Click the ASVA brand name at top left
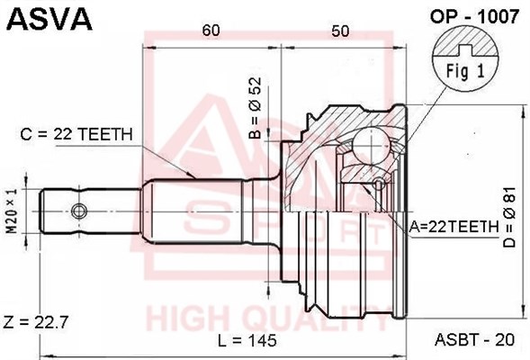49,19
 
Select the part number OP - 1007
474,16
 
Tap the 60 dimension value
211,31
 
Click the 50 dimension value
340,31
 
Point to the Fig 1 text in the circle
465,71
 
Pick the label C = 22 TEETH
76,134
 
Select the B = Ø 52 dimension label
256,108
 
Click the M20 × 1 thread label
13,211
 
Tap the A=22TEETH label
454,227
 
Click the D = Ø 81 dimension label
509,218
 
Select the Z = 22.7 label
36,322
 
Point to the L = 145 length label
247,340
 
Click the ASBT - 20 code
474,339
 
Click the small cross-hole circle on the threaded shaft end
79,211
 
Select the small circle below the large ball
380,184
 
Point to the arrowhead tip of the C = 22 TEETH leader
195,178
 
